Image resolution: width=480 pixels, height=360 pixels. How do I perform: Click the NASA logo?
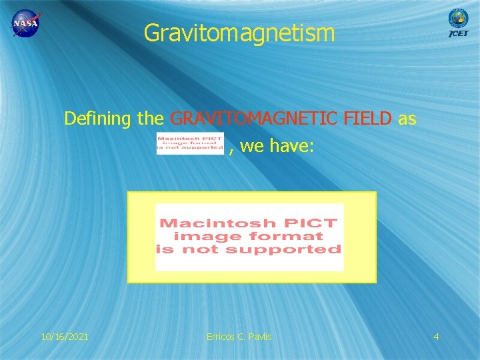click(25, 24)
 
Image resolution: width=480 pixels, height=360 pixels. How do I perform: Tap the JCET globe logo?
click(458, 17)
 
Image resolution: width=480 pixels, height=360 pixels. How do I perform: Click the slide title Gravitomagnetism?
click(239, 32)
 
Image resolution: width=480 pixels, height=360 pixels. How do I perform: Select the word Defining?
click(98, 119)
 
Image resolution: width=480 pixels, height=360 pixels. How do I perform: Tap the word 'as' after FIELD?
click(407, 119)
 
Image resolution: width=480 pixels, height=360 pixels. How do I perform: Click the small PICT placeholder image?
click(189, 143)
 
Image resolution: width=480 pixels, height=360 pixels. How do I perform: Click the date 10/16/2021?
click(65, 337)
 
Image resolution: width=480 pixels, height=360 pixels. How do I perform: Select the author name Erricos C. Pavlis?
click(239, 337)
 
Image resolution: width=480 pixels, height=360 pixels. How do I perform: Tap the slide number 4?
click(436, 337)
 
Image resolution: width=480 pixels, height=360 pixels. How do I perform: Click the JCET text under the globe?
click(459, 33)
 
